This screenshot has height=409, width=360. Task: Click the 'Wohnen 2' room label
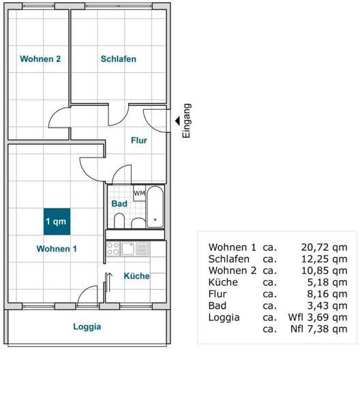click(40, 59)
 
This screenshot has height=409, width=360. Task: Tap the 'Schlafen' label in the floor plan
click(119, 59)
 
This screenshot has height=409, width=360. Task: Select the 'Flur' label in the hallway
click(139, 140)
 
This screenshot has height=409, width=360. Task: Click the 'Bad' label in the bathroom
click(119, 203)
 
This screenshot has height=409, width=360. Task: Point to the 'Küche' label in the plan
click(136, 276)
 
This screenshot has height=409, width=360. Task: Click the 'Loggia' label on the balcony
click(87, 327)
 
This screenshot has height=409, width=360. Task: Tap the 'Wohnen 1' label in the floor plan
click(57, 249)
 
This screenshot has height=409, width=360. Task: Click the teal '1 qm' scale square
click(56, 221)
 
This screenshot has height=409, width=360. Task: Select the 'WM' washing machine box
click(139, 194)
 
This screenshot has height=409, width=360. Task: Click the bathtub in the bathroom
click(155, 207)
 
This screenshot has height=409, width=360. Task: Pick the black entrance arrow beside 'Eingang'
click(177, 121)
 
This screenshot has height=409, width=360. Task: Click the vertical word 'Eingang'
click(187, 121)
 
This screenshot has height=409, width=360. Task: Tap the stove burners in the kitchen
click(113, 249)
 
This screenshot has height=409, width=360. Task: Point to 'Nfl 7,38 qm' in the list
click(318, 329)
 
